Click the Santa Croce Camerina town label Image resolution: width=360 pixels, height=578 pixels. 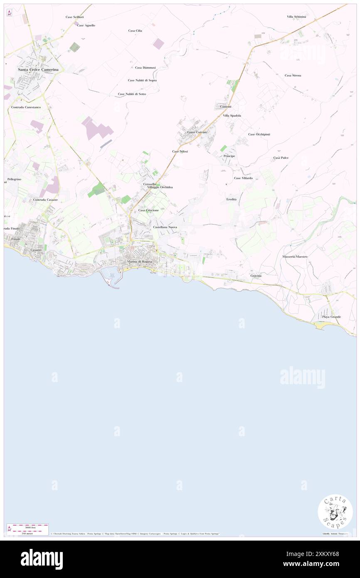(38, 69)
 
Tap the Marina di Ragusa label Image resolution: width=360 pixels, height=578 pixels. (140, 261)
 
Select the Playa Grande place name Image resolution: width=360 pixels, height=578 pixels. (331, 317)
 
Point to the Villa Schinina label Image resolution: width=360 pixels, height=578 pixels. (296, 17)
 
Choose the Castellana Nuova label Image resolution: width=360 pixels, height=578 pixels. (165, 227)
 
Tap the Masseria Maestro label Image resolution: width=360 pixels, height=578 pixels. (295, 257)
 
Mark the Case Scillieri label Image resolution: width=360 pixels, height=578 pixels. (75, 17)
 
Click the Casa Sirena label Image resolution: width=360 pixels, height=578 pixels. (293, 75)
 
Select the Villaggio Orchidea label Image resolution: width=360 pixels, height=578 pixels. (160, 188)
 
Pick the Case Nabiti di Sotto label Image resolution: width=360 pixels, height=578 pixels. (132, 94)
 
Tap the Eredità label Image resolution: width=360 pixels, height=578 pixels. (232, 200)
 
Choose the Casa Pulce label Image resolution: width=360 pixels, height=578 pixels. (281, 158)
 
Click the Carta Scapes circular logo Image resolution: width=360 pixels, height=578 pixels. (335, 511)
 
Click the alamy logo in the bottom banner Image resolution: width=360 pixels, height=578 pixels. (42, 559)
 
